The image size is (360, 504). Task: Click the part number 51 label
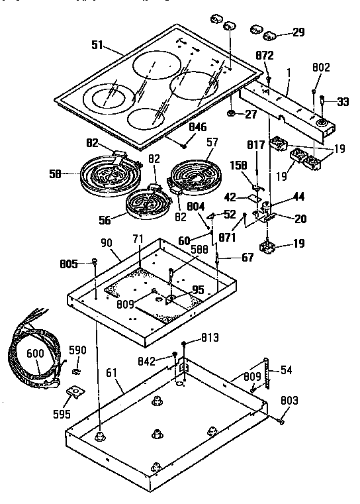[97, 46]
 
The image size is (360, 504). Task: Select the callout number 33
[343, 101]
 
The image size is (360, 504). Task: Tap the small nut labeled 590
[76, 368]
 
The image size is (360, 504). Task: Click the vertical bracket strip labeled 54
[268, 376]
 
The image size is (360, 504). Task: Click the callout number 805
[78, 264]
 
